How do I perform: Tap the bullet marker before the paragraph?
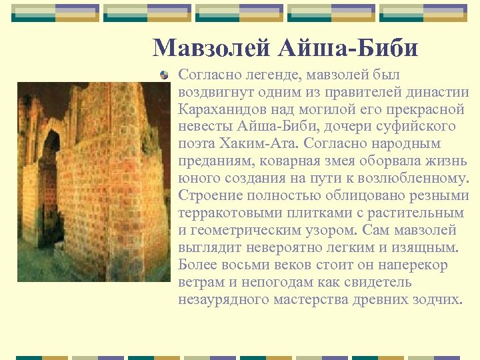(165, 75)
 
